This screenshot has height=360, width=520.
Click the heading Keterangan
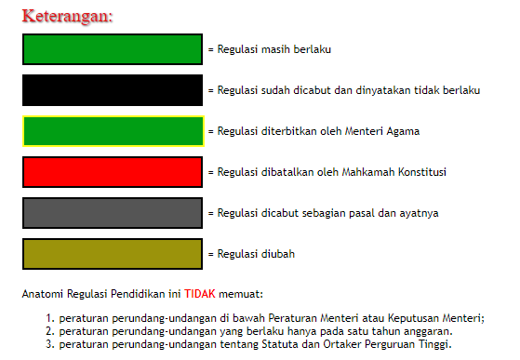66,17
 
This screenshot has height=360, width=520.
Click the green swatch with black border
112,49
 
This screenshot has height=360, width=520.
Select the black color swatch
112,90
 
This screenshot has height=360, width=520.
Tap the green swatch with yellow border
112,131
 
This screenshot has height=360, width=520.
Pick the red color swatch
112,172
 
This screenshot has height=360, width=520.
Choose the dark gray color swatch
112,213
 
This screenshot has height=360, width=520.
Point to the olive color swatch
112,254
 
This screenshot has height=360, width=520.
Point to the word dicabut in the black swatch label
309,90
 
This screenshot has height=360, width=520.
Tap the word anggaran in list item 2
429,331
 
